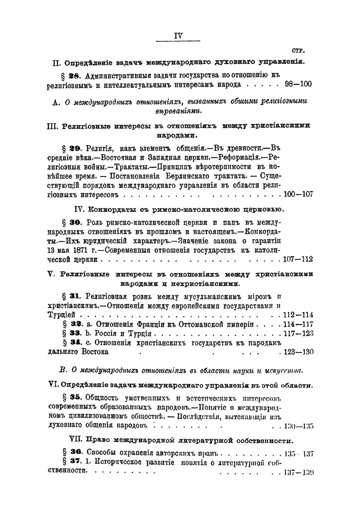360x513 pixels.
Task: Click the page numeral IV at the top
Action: (178, 36)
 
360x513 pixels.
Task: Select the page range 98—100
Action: (298, 84)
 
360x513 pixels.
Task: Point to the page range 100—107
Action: (298, 195)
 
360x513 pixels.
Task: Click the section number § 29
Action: (71, 148)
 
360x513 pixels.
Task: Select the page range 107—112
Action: (298, 259)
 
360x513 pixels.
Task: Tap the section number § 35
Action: (71, 397)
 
